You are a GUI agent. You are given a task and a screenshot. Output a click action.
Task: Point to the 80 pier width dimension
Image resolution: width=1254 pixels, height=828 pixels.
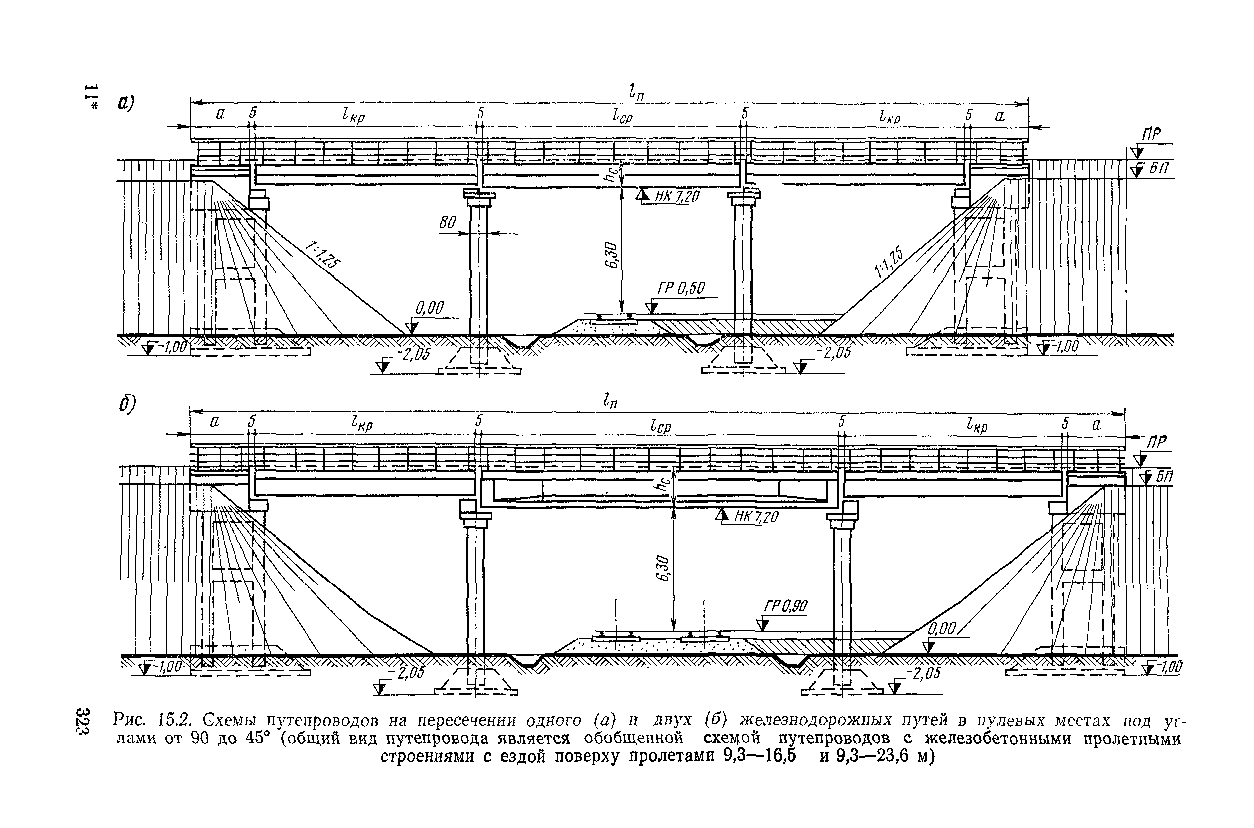point(448,223)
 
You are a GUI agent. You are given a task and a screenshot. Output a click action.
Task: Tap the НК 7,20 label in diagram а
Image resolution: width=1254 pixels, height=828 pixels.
point(677,197)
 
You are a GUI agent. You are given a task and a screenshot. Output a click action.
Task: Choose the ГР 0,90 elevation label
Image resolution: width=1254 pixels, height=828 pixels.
point(785,606)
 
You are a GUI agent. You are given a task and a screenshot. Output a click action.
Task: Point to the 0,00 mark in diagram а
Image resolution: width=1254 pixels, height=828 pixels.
point(430,308)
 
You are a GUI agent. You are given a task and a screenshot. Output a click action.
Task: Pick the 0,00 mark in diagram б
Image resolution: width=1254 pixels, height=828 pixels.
point(942,629)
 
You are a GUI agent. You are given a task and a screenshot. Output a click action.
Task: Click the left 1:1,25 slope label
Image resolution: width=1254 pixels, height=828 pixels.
point(323,255)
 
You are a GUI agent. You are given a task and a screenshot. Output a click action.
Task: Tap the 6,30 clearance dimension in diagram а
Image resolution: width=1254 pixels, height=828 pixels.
point(613,255)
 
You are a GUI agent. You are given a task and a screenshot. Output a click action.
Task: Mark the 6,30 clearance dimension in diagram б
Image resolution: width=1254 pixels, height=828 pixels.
point(664,568)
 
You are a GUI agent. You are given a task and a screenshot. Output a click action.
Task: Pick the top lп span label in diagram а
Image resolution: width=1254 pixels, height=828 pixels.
point(636,94)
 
